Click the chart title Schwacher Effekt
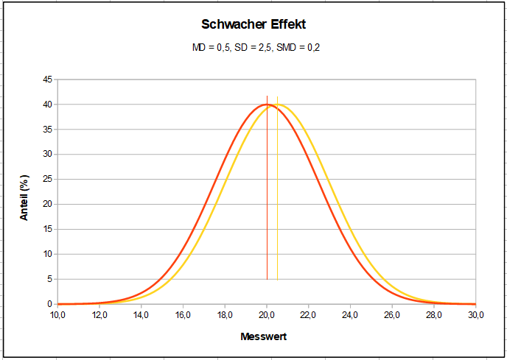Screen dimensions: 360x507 pos(253,24)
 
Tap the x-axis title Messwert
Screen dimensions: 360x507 pos(263,336)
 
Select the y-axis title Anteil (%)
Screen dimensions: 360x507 pos(24,198)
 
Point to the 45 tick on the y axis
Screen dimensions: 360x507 pos(46,80)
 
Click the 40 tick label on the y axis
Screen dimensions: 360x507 pos(46,105)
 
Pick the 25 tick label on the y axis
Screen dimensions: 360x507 pos(46,180)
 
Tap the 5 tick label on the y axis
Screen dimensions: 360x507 pos(49,279)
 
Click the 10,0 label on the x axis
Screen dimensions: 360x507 pos(57,315)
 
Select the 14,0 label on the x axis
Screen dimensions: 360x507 pos(141,315)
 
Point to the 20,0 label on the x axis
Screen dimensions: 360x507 pos(267,315)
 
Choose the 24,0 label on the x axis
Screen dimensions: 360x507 pos(350,315)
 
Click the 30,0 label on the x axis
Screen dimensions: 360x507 pos(475,315)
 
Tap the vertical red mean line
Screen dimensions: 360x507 pos(267,221)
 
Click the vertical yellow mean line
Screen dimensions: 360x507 pos(277,221)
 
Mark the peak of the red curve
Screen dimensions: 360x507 pos(267,105)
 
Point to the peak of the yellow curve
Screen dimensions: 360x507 pos(278,105)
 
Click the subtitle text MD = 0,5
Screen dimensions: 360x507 pos(209,48)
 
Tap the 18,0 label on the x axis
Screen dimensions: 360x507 pos(225,315)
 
